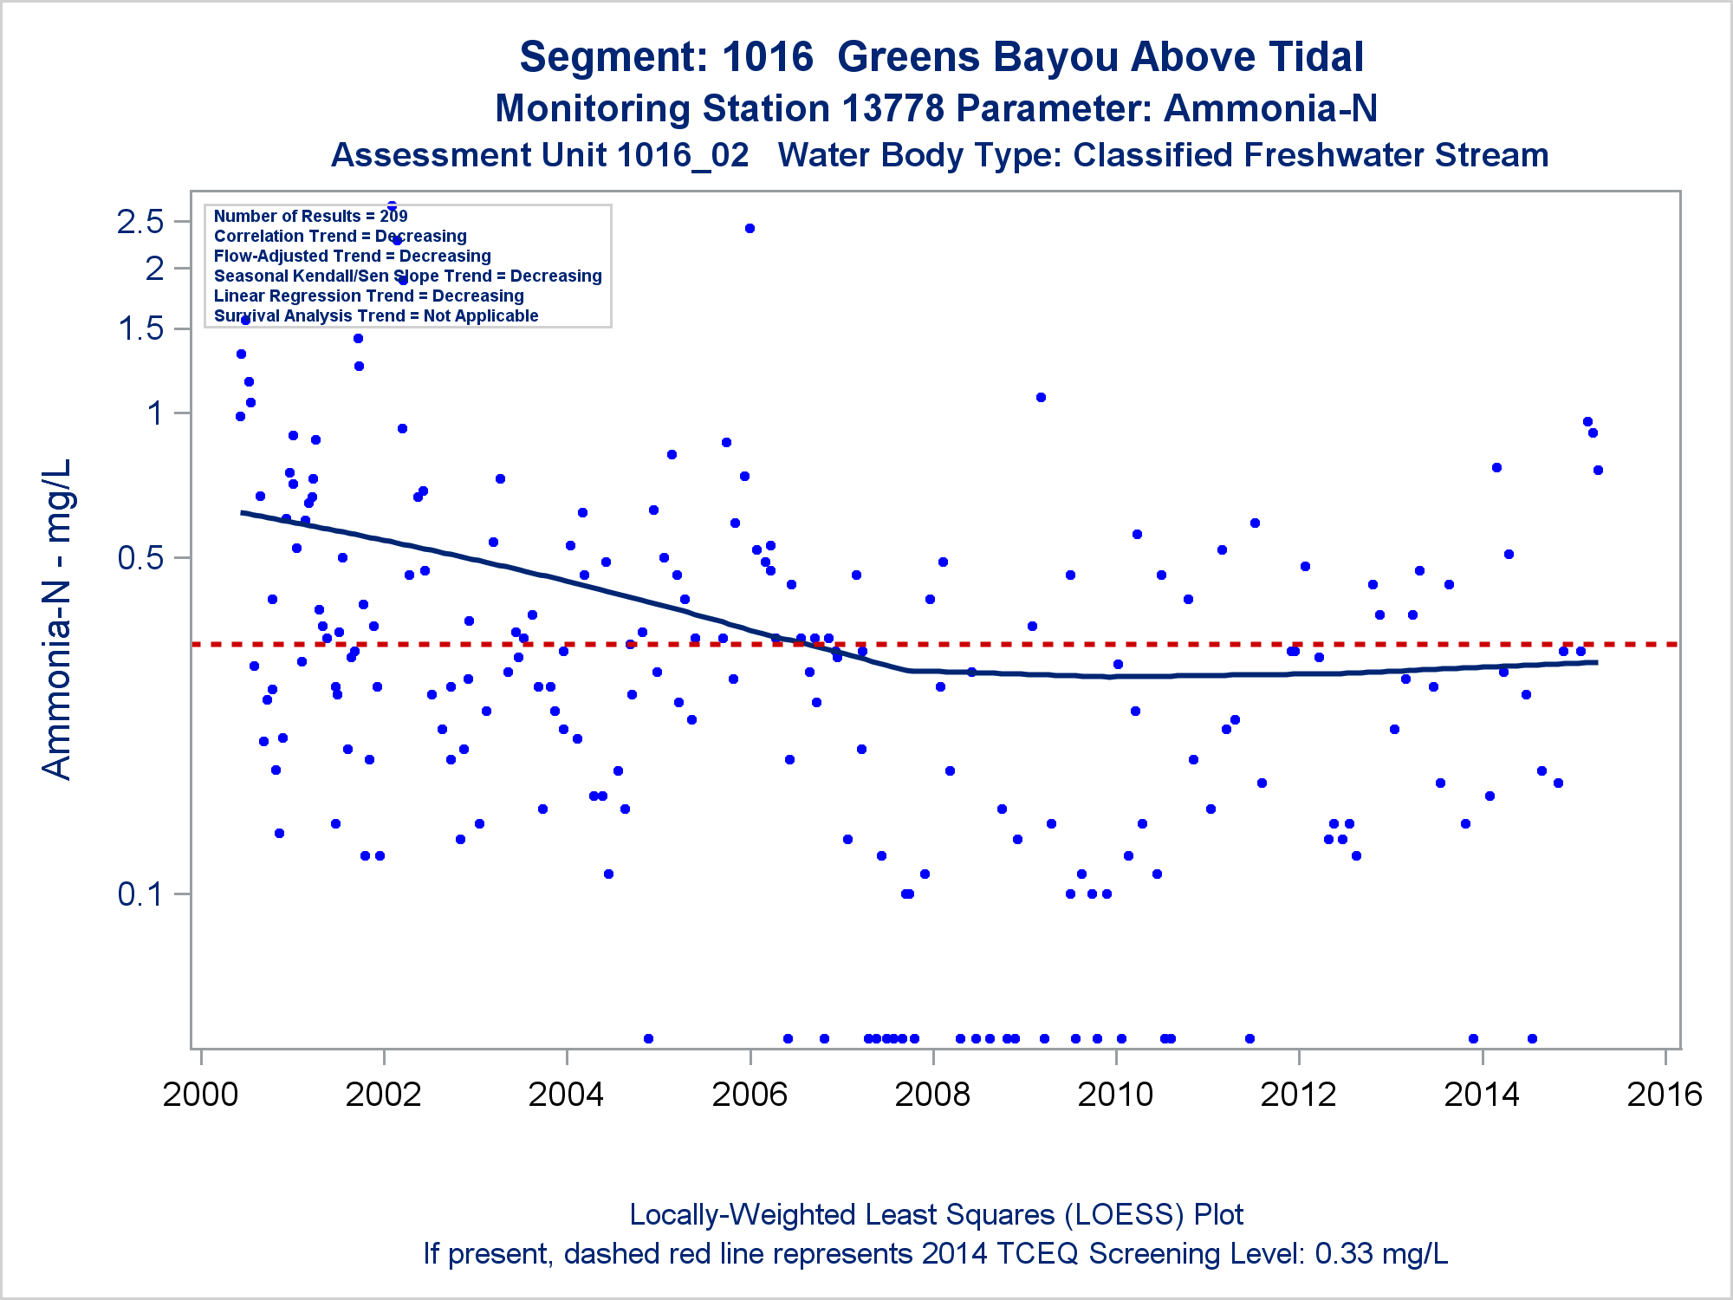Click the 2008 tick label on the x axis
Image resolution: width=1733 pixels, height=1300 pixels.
[x=932, y=1095]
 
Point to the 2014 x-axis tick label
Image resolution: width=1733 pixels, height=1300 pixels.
[x=1482, y=1095]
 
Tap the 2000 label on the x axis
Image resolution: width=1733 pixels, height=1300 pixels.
[x=200, y=1095]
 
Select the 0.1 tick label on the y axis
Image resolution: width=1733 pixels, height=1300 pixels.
[x=140, y=894]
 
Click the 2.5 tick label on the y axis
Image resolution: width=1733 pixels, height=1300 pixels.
[x=140, y=222]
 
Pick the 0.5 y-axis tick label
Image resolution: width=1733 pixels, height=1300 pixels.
[x=140, y=558]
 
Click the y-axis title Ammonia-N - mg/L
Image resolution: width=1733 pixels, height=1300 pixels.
[x=57, y=619]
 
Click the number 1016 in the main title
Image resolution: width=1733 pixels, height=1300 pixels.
[x=767, y=57]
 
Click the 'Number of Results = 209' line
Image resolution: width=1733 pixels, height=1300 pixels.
[x=310, y=216]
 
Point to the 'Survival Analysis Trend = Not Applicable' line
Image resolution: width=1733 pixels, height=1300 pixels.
[x=376, y=315]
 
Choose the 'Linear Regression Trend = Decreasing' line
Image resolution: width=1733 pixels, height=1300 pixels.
[x=368, y=296]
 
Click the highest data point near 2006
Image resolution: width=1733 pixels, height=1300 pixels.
[x=750, y=229]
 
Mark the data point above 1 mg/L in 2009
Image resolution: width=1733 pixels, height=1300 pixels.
[x=1041, y=398]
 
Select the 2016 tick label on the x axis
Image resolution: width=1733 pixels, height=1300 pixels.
[x=1665, y=1095]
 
